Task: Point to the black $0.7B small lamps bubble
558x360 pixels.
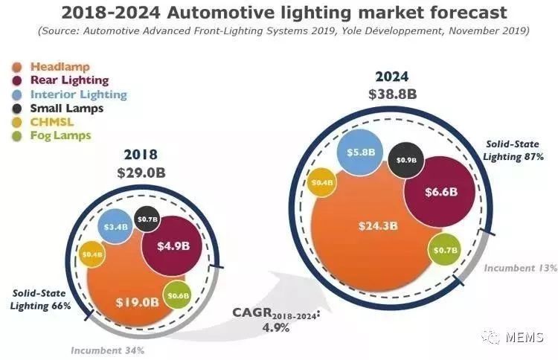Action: (x=148, y=219)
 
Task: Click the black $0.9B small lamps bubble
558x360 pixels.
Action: (x=407, y=160)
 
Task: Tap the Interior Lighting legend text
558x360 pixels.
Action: (x=78, y=94)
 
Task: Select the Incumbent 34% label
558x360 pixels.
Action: (x=107, y=350)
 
